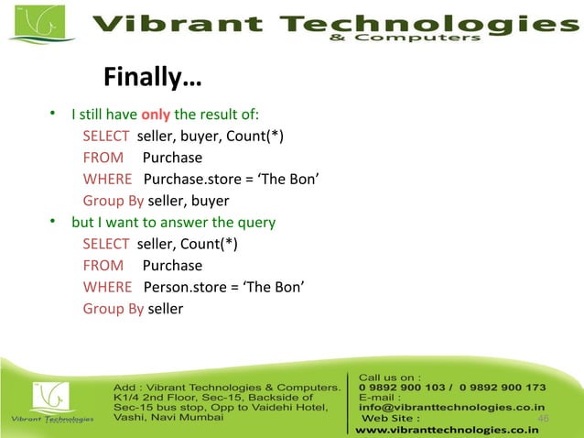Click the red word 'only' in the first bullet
pyautogui.click(x=156, y=115)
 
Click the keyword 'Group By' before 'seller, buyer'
pyautogui.click(x=113, y=201)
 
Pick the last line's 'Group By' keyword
pyautogui.click(x=113, y=309)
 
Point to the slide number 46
pyautogui.click(x=543, y=418)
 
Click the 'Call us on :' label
pyautogui.click(x=390, y=376)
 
